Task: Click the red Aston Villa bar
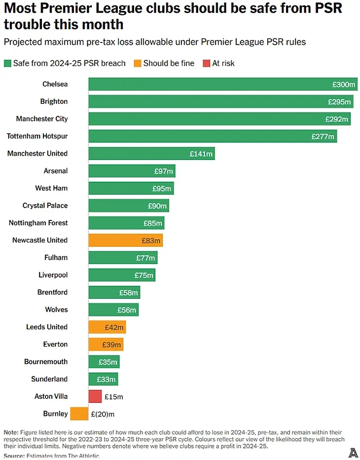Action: tap(95, 396)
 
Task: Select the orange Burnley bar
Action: tap(79, 414)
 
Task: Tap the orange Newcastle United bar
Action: tap(125, 240)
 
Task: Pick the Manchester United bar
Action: tap(151, 153)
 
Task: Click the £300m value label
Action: tap(344, 84)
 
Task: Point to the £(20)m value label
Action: tap(103, 414)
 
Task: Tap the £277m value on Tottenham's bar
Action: tap(323, 137)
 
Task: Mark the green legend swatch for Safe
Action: tap(7, 64)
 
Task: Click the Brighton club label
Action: tap(54, 102)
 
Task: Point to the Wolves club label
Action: tap(56, 310)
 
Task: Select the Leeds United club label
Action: tap(47, 327)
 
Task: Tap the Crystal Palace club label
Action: tap(45, 206)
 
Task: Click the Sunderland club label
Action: tap(49, 379)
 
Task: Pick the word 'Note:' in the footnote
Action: tap(12, 431)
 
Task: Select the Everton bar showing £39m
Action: tap(106, 344)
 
